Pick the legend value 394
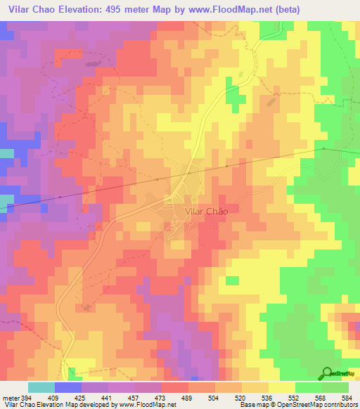coord(25,398)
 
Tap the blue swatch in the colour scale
coord(68,388)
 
